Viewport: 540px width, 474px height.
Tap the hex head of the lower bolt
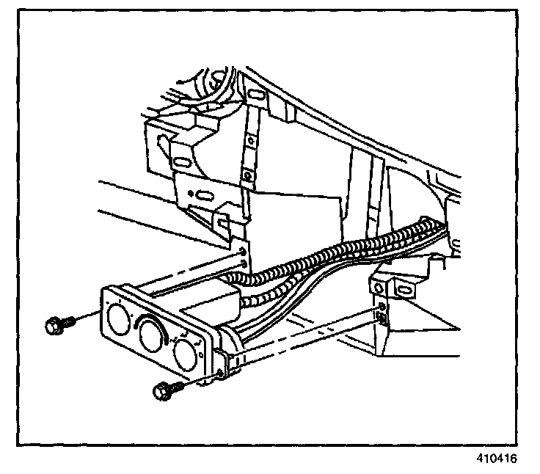tap(161, 393)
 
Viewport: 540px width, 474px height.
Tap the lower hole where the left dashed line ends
tap(244, 266)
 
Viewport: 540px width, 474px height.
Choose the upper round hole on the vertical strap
tap(251, 137)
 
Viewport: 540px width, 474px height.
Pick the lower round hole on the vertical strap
tap(249, 177)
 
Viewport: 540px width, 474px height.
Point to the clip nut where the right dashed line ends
tap(381, 316)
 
